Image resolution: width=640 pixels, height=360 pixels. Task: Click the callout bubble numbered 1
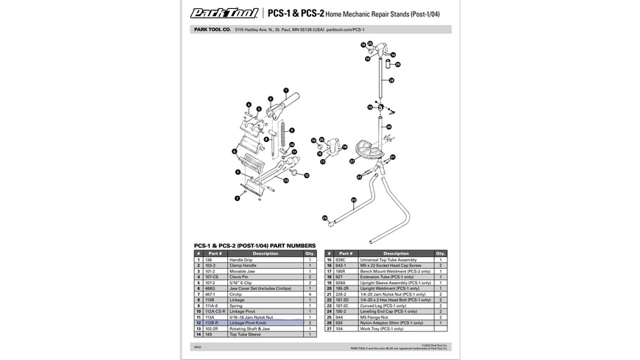pyautogui.click(x=285, y=90)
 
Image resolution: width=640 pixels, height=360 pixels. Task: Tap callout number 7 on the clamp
pyautogui.click(x=238, y=198)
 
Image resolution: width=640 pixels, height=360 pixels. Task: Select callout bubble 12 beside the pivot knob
pyautogui.click(x=307, y=176)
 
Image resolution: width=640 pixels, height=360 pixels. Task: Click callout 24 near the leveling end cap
pyautogui.click(x=324, y=217)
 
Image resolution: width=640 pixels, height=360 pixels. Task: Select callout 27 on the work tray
pyautogui.click(x=352, y=160)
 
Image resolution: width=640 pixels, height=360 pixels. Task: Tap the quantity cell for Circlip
pyautogui.click(x=310, y=294)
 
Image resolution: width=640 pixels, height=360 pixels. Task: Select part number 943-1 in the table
pyautogui.click(x=341, y=266)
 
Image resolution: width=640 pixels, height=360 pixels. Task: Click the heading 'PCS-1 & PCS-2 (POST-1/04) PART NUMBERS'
pyautogui.click(x=255, y=245)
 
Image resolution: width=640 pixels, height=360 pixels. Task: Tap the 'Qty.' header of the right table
pyautogui.click(x=441, y=253)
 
